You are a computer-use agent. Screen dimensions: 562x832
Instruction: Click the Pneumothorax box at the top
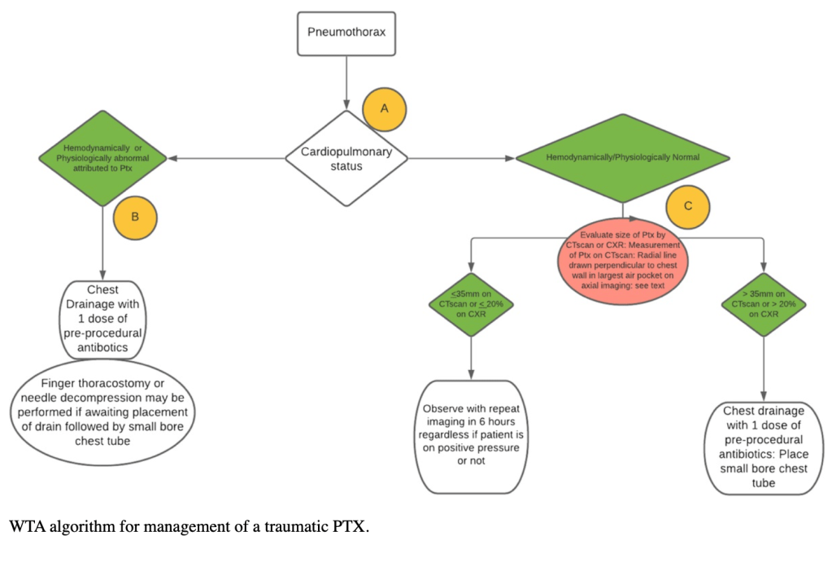coord(346,33)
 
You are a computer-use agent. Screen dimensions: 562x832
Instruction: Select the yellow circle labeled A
coord(384,109)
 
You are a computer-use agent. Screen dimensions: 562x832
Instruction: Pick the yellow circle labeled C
coord(688,206)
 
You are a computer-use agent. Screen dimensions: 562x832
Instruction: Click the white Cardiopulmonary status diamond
coord(346,158)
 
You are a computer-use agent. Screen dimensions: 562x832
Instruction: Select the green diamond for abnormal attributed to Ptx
coord(103,157)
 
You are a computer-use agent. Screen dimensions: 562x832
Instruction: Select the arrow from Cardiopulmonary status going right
coord(460,158)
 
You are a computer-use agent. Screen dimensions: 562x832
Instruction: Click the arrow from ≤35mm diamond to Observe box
coord(472,357)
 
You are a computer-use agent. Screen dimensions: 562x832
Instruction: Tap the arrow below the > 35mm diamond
coord(763,366)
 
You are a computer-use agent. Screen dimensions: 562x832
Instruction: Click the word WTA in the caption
coord(27,525)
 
